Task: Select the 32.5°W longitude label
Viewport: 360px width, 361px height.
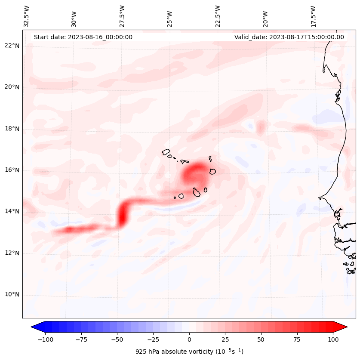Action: coord(27,16)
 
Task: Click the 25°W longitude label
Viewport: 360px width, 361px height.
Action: coord(170,16)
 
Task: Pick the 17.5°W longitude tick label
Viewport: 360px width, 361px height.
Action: coord(313,16)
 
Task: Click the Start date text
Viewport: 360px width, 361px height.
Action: coord(83,37)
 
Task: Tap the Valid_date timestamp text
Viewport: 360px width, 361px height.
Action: coord(289,37)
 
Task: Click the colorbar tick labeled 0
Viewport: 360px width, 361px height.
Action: coord(189,339)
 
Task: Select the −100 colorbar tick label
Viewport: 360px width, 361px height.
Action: coord(44,339)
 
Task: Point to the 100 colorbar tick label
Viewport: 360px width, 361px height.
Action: coord(333,339)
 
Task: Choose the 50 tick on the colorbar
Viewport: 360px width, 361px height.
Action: coord(261,339)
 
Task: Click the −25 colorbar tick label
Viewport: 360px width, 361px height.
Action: coord(153,339)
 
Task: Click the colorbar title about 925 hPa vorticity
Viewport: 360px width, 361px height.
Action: coord(189,352)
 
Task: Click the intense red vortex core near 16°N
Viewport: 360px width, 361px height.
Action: coord(195,173)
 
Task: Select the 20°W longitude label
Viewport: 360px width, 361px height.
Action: coord(265,16)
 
